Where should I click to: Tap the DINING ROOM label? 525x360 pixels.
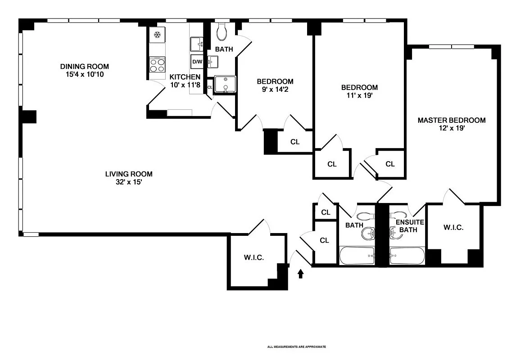(x=85, y=67)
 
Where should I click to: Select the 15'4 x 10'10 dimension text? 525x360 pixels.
(x=85, y=74)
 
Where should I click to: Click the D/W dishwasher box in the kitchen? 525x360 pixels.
(x=197, y=62)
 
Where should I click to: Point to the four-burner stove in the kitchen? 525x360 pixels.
(x=157, y=66)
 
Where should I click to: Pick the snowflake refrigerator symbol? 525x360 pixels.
(x=157, y=35)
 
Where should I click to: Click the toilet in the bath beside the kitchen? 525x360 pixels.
(x=222, y=31)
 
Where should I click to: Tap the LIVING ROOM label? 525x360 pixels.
(x=129, y=174)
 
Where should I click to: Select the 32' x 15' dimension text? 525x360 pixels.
(x=129, y=182)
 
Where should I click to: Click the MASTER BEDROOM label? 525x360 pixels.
(x=452, y=120)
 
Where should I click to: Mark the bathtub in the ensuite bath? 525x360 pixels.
(x=407, y=256)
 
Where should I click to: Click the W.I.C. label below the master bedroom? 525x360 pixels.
(x=453, y=228)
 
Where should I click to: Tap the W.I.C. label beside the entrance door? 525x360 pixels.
(x=253, y=258)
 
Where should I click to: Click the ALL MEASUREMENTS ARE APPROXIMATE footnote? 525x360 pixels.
(x=296, y=347)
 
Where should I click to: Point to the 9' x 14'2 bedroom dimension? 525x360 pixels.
(x=275, y=90)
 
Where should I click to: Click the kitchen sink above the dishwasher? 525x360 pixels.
(x=196, y=44)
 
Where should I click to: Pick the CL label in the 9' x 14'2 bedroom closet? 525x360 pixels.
(x=295, y=142)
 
